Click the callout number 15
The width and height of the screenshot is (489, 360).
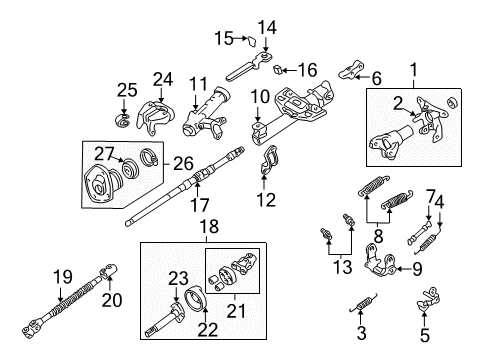pyautogui.click(x=224, y=38)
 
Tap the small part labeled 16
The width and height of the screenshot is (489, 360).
pyautogui.click(x=278, y=69)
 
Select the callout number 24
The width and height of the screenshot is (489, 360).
pyautogui.click(x=163, y=79)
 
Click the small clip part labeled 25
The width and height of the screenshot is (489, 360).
pyautogui.click(x=122, y=120)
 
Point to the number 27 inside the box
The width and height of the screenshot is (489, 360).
pyautogui.click(x=104, y=154)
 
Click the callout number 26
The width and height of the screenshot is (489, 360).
pyautogui.click(x=183, y=163)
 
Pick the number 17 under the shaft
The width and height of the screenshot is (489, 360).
pyautogui.click(x=199, y=204)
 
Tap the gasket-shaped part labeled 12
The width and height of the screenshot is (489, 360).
pyautogui.click(x=269, y=160)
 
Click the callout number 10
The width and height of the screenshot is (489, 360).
pyautogui.click(x=260, y=97)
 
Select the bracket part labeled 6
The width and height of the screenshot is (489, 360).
pyautogui.click(x=351, y=70)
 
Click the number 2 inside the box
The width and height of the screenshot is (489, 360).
pyautogui.click(x=398, y=104)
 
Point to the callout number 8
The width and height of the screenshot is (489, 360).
pyautogui.click(x=378, y=236)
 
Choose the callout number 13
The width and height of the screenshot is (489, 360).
pyautogui.click(x=343, y=266)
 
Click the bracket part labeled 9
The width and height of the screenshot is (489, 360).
pyautogui.click(x=380, y=261)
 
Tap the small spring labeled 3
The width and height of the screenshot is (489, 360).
pyautogui.click(x=362, y=303)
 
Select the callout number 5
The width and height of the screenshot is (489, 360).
pyautogui.click(x=424, y=335)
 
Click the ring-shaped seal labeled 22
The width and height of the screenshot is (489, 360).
pyautogui.click(x=197, y=300)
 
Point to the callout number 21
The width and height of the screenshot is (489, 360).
pyautogui.click(x=236, y=311)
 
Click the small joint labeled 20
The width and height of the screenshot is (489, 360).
pyautogui.click(x=109, y=270)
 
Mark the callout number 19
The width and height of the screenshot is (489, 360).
pyautogui.click(x=63, y=277)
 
